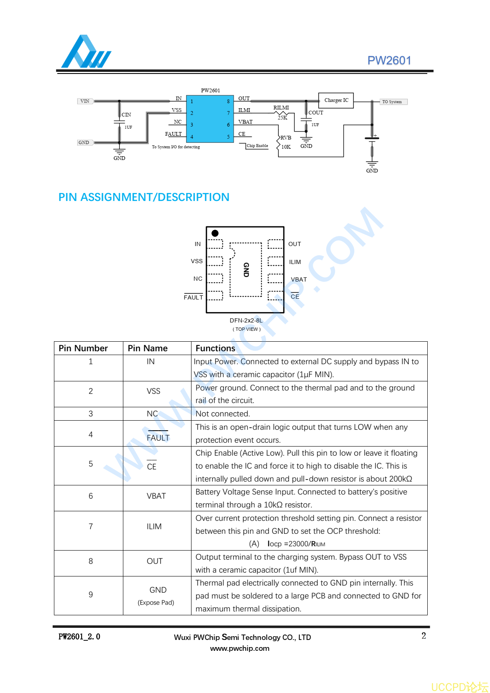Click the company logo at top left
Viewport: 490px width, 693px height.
[x=86, y=52]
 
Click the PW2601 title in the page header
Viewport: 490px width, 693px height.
[x=389, y=61]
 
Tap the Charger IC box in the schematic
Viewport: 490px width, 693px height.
[x=336, y=100]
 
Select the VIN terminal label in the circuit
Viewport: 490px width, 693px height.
[x=85, y=101]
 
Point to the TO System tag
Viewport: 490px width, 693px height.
[x=392, y=102]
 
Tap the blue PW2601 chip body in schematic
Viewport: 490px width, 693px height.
[x=210, y=119]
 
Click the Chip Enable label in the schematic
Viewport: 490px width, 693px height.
[x=257, y=146]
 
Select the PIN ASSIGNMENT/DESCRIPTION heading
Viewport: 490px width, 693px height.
[x=144, y=197]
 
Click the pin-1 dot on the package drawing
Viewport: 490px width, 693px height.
[x=215, y=233]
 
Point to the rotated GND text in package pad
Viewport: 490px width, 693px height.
[x=246, y=270]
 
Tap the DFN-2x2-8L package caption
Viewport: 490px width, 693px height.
[x=246, y=320]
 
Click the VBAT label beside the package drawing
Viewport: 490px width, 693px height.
[x=299, y=279]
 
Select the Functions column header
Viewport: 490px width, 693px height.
[x=215, y=348]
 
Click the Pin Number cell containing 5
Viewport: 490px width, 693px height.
[x=91, y=464]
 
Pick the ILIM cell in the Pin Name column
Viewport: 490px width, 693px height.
[x=154, y=526]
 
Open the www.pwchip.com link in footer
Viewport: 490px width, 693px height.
[x=240, y=648]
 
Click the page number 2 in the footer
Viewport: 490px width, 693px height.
[x=424, y=636]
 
